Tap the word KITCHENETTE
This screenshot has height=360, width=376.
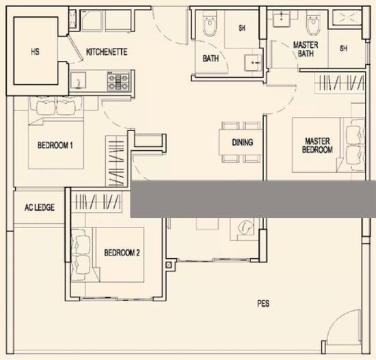pos(107,52)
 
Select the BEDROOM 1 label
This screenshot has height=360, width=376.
pos(55,146)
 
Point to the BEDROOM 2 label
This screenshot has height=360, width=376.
pos(122,253)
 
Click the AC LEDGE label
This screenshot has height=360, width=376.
pos(40,208)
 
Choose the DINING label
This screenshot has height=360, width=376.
pos(243,143)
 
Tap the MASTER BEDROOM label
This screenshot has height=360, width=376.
pos(318,146)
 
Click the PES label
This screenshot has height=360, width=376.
pos(263,303)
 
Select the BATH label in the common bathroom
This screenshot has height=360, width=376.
pos(211,59)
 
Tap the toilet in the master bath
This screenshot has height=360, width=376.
pos(313,27)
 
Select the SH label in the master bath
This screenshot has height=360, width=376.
pos(343,49)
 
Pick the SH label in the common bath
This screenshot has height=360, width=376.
pos(242,28)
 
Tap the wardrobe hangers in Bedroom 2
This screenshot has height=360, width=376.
pos(97,202)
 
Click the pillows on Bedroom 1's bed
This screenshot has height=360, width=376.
pos(56,107)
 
